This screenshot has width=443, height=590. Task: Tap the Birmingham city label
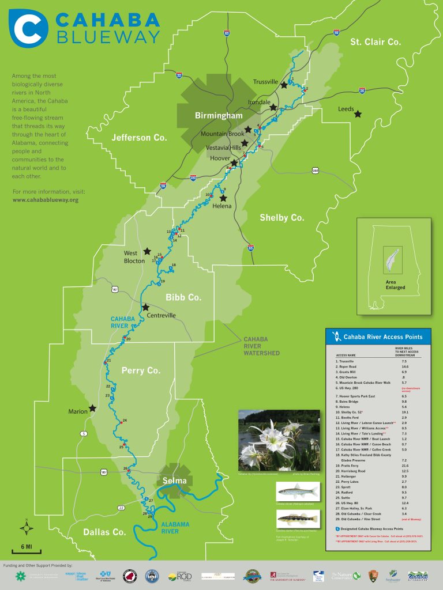point(219,116)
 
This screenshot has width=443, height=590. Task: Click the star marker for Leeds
point(358,114)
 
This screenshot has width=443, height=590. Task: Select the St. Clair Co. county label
point(376,42)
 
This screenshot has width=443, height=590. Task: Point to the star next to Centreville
point(146,307)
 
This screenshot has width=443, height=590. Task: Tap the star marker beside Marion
point(92,408)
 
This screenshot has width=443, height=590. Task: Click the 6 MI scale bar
point(27,546)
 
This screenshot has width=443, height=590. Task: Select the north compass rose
point(27,527)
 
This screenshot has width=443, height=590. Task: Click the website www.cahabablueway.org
point(45,200)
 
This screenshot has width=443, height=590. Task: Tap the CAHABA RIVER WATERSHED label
point(262,346)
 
